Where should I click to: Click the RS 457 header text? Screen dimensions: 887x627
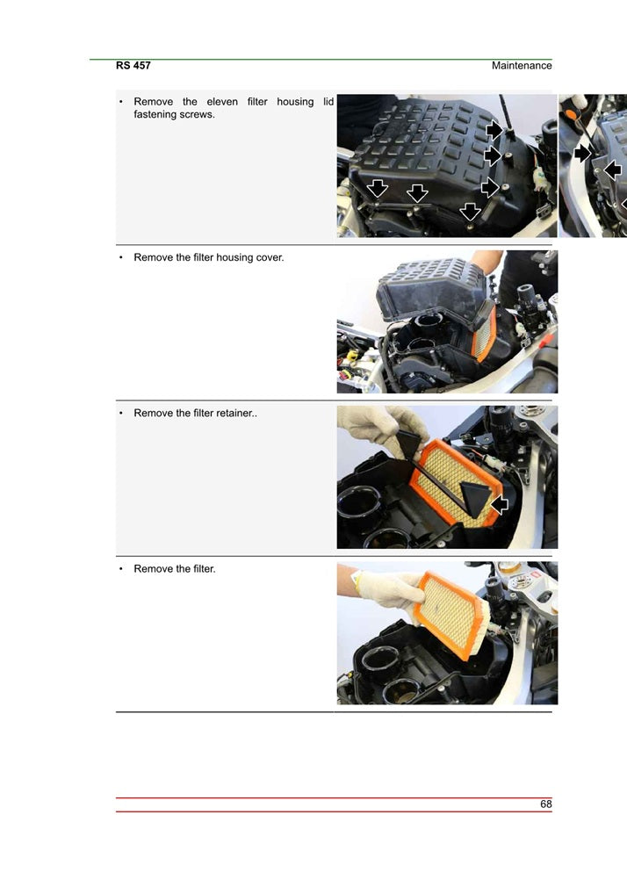point(133,66)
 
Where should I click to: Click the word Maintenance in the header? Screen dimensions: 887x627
point(522,66)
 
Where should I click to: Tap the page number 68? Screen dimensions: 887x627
point(545,804)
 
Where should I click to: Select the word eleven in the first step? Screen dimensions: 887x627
point(222,102)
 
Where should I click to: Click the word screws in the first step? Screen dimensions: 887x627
point(196,115)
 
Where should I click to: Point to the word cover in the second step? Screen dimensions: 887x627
point(270,257)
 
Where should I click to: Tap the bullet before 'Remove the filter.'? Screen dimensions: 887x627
point(120,569)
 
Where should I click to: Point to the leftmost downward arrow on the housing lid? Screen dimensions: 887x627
point(378,189)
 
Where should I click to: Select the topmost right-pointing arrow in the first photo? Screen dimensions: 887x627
point(494,131)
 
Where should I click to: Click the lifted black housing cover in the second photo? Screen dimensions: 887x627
point(430,285)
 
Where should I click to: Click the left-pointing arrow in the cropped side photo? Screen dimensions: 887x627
point(613,169)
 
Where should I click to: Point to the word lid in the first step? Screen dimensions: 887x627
point(328,102)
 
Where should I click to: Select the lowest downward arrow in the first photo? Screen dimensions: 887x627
point(471,212)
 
